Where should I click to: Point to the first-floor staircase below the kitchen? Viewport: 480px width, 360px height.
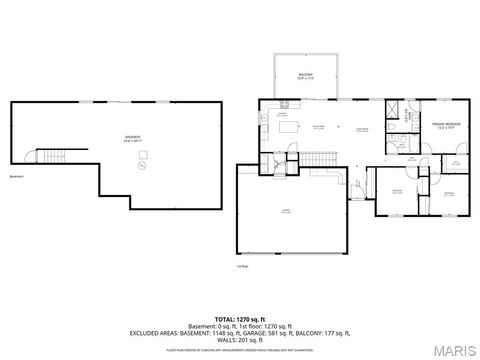pyautogui.click(x=318, y=158)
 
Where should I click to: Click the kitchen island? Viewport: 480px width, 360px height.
pyautogui.click(x=289, y=126)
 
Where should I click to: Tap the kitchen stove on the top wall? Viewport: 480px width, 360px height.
pyautogui.click(x=284, y=103)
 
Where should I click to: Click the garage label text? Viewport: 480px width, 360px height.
pyautogui.click(x=286, y=211)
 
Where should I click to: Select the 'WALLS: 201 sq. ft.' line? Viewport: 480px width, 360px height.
pyautogui.click(x=239, y=338)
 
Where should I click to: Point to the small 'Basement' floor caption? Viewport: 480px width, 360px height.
pyautogui.click(x=15, y=176)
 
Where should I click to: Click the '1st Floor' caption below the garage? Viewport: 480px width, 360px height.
pyautogui.click(x=241, y=267)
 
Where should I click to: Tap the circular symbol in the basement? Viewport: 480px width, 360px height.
pyautogui.click(x=140, y=168)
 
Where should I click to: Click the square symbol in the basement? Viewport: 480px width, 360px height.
pyautogui.click(x=141, y=155)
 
